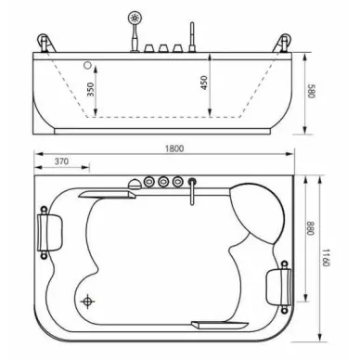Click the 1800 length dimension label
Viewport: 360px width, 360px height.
click(174, 148)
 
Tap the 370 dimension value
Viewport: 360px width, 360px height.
click(61, 161)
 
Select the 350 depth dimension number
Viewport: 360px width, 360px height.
click(90, 89)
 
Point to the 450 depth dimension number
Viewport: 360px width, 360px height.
click(204, 83)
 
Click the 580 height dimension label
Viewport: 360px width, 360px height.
click(311, 91)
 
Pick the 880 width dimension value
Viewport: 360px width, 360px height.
click(310, 228)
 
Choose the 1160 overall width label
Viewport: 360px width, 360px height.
click(326, 258)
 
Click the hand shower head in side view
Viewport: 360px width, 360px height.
click(135, 18)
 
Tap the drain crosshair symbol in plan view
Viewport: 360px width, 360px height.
click(87, 301)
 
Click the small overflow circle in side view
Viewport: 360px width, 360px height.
click(88, 65)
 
